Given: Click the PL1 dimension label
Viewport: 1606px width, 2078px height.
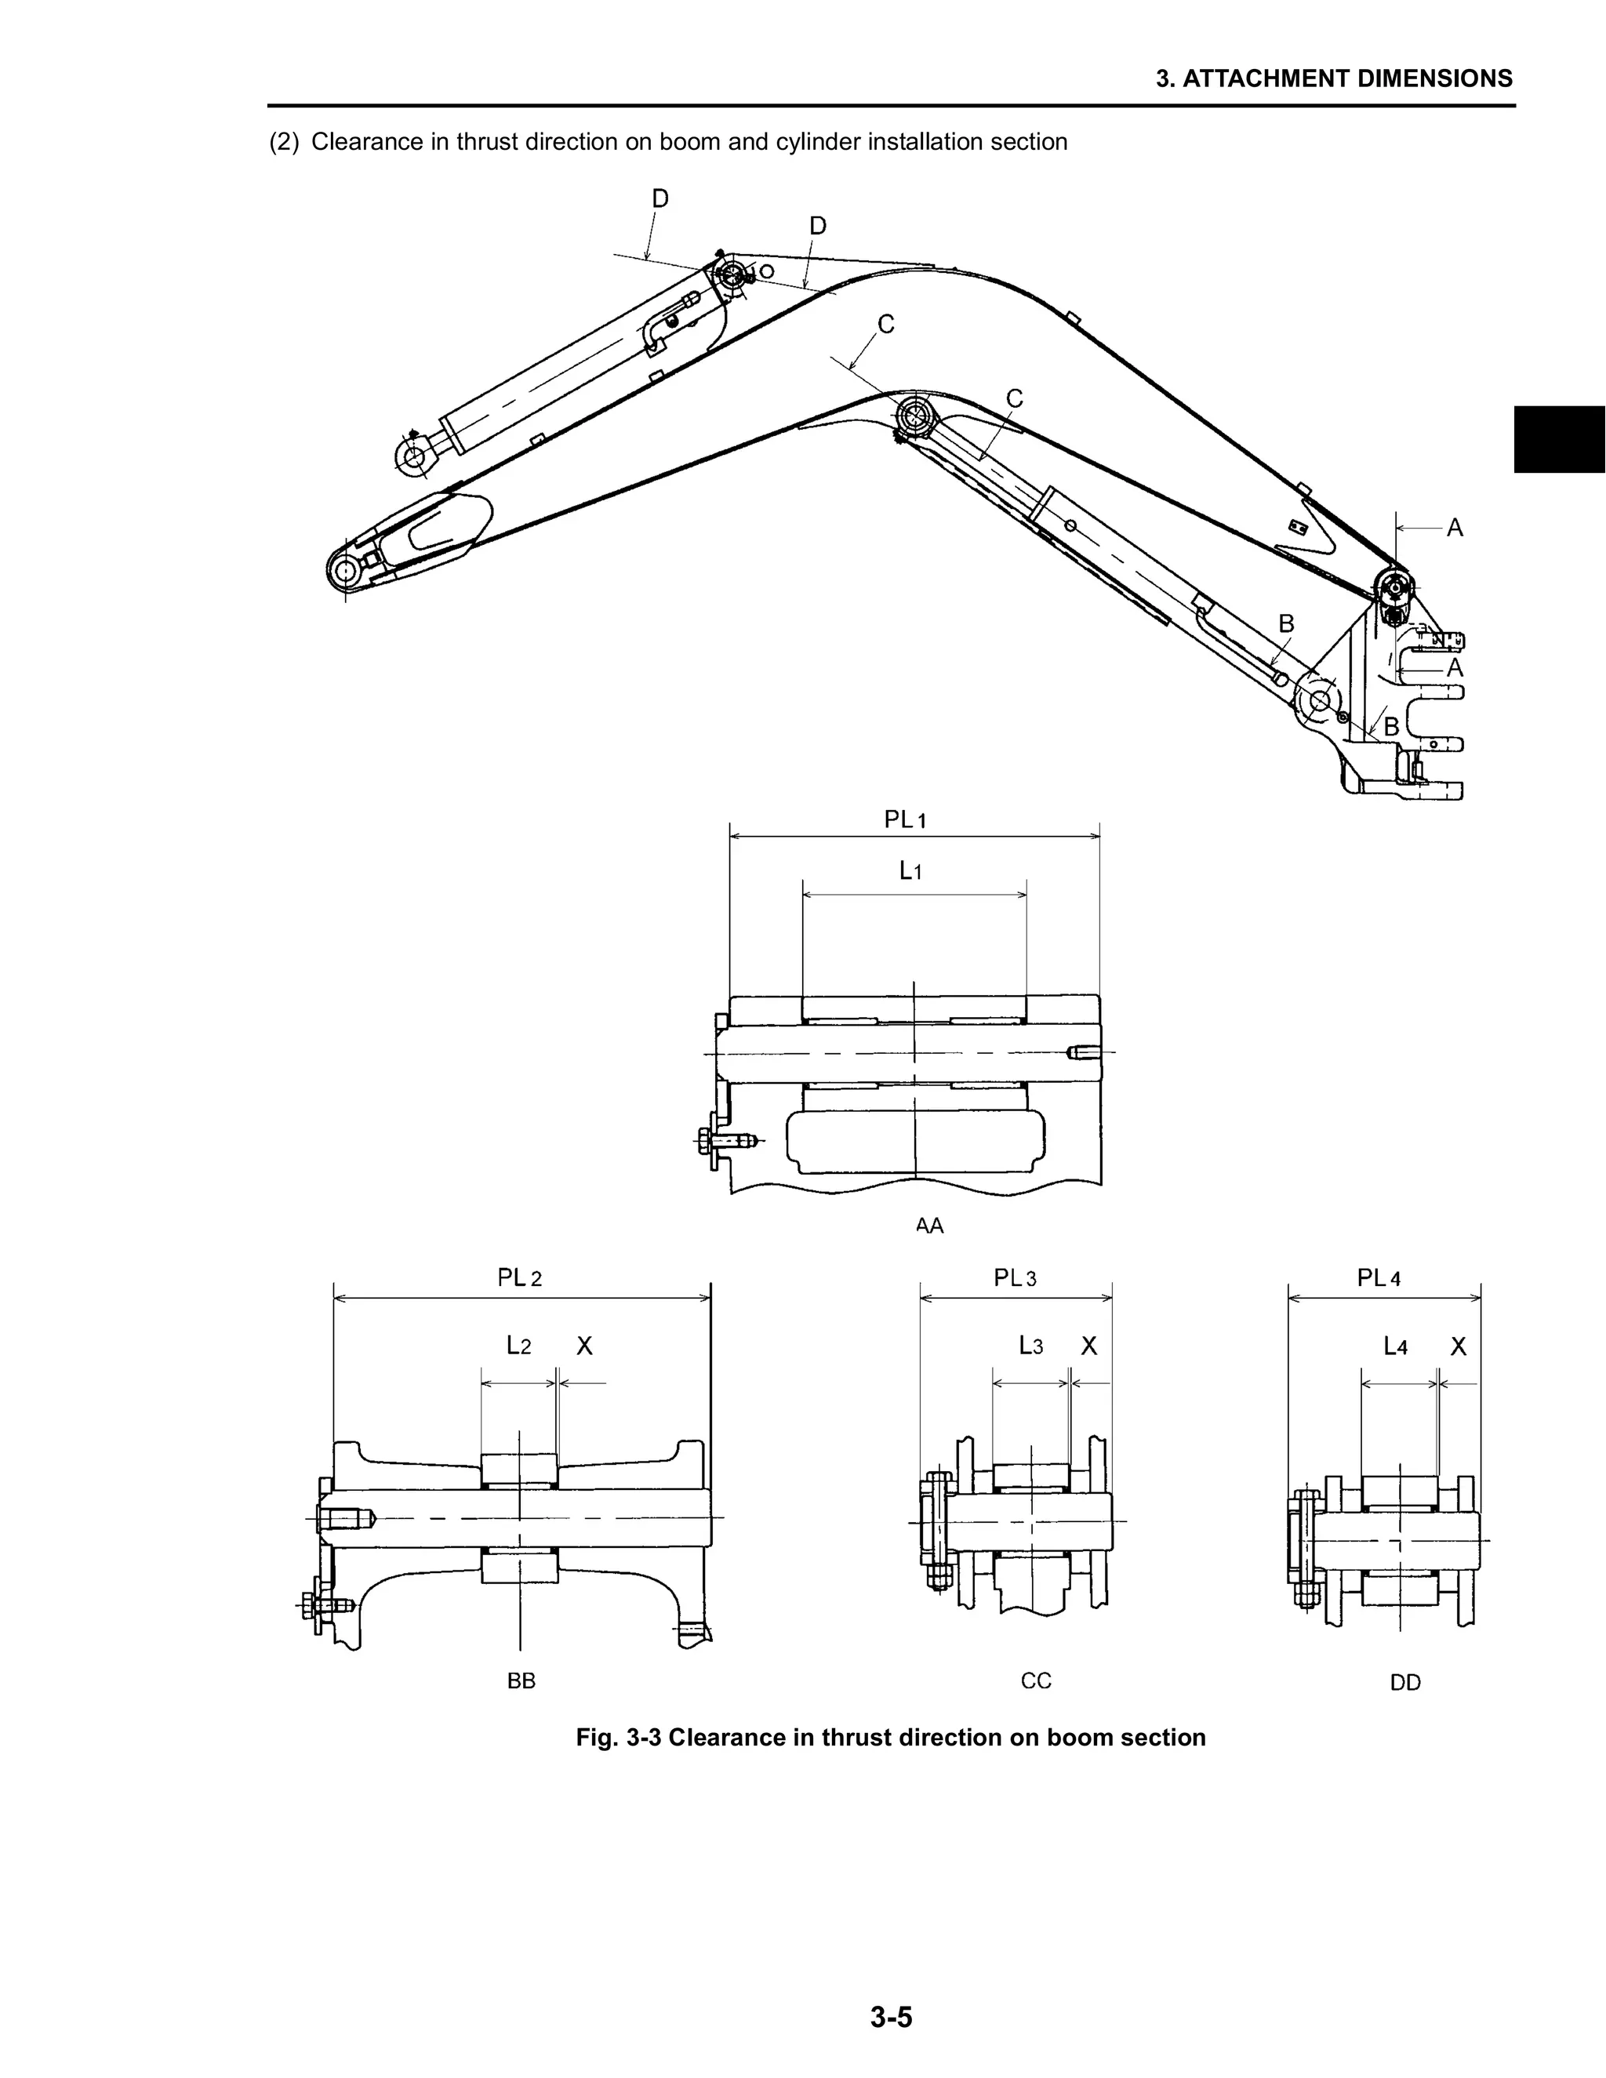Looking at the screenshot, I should point(905,819).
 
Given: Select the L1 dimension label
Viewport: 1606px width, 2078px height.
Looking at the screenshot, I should point(910,870).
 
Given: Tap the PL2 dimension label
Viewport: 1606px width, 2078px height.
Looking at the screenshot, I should point(519,1278).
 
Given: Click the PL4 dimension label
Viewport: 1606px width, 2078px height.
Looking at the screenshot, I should point(1379,1278).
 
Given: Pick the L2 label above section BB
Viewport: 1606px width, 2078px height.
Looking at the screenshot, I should point(518,1346).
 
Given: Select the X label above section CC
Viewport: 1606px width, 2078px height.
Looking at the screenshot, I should point(1089,1346).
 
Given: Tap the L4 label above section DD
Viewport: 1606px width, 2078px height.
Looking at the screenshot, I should point(1395,1346).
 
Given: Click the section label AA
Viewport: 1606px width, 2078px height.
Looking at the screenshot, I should point(929,1226).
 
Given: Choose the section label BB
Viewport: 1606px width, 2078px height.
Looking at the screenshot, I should point(521,1681).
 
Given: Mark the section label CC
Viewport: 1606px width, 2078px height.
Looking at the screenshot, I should point(1036,1681).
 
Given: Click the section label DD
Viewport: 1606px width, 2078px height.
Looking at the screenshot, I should point(1405,1683).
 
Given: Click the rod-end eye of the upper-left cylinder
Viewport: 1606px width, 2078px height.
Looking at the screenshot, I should point(414,456).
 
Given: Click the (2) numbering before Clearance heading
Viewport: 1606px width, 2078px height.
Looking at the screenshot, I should point(284,143).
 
